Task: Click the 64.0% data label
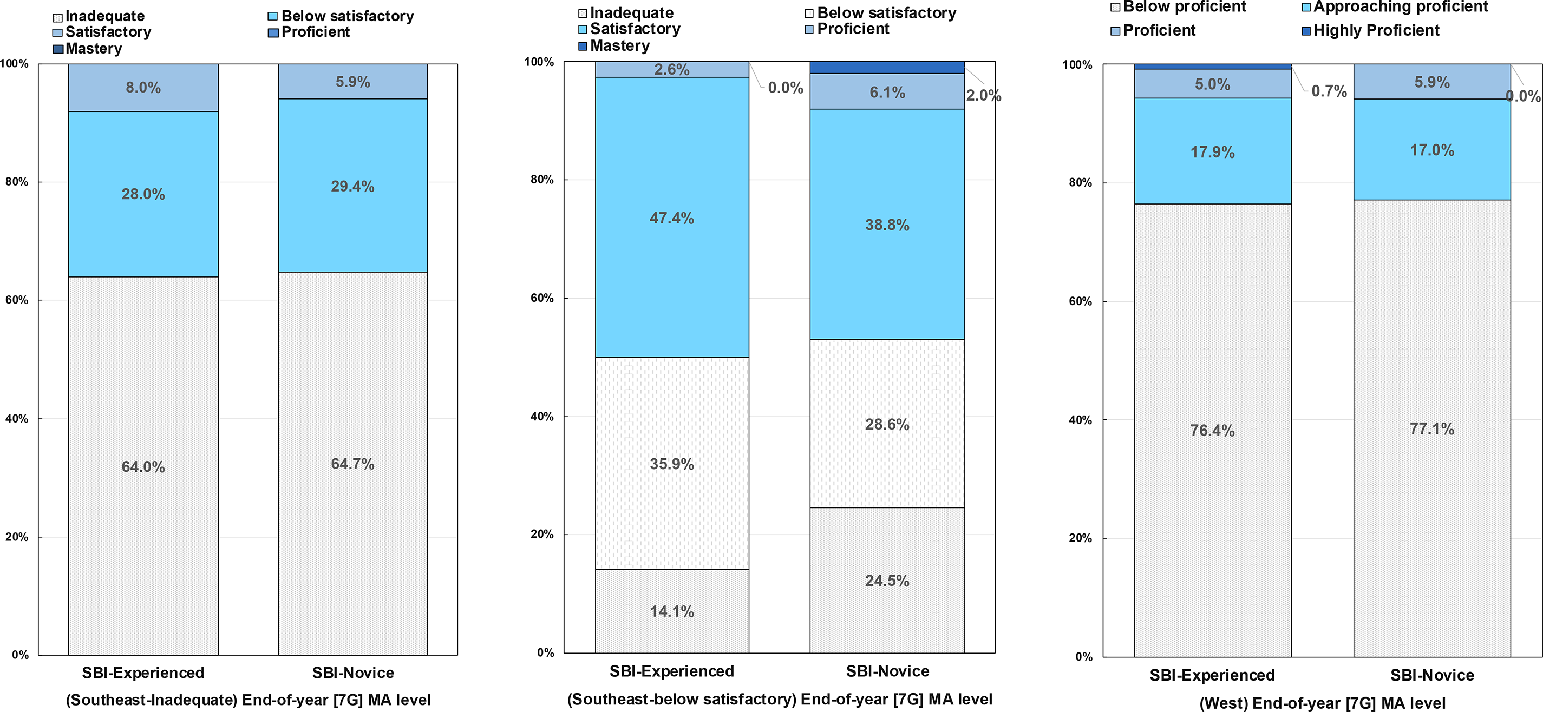click(x=143, y=467)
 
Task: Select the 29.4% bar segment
click(x=353, y=186)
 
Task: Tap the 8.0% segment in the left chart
click(x=143, y=88)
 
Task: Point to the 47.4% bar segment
click(x=672, y=217)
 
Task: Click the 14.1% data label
click(x=672, y=611)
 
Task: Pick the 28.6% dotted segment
click(x=887, y=424)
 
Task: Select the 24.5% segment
click(x=887, y=581)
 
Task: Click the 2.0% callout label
click(x=984, y=95)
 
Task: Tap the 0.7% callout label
click(x=1329, y=91)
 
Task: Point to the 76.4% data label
click(x=1212, y=431)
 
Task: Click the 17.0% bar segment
click(x=1432, y=150)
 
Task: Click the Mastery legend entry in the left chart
click(x=88, y=49)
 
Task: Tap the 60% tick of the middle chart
click(x=542, y=298)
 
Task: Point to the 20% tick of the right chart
click(x=1081, y=538)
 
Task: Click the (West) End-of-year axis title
click(x=1323, y=703)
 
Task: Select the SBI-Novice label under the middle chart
click(x=888, y=671)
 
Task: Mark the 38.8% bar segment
click(x=887, y=225)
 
